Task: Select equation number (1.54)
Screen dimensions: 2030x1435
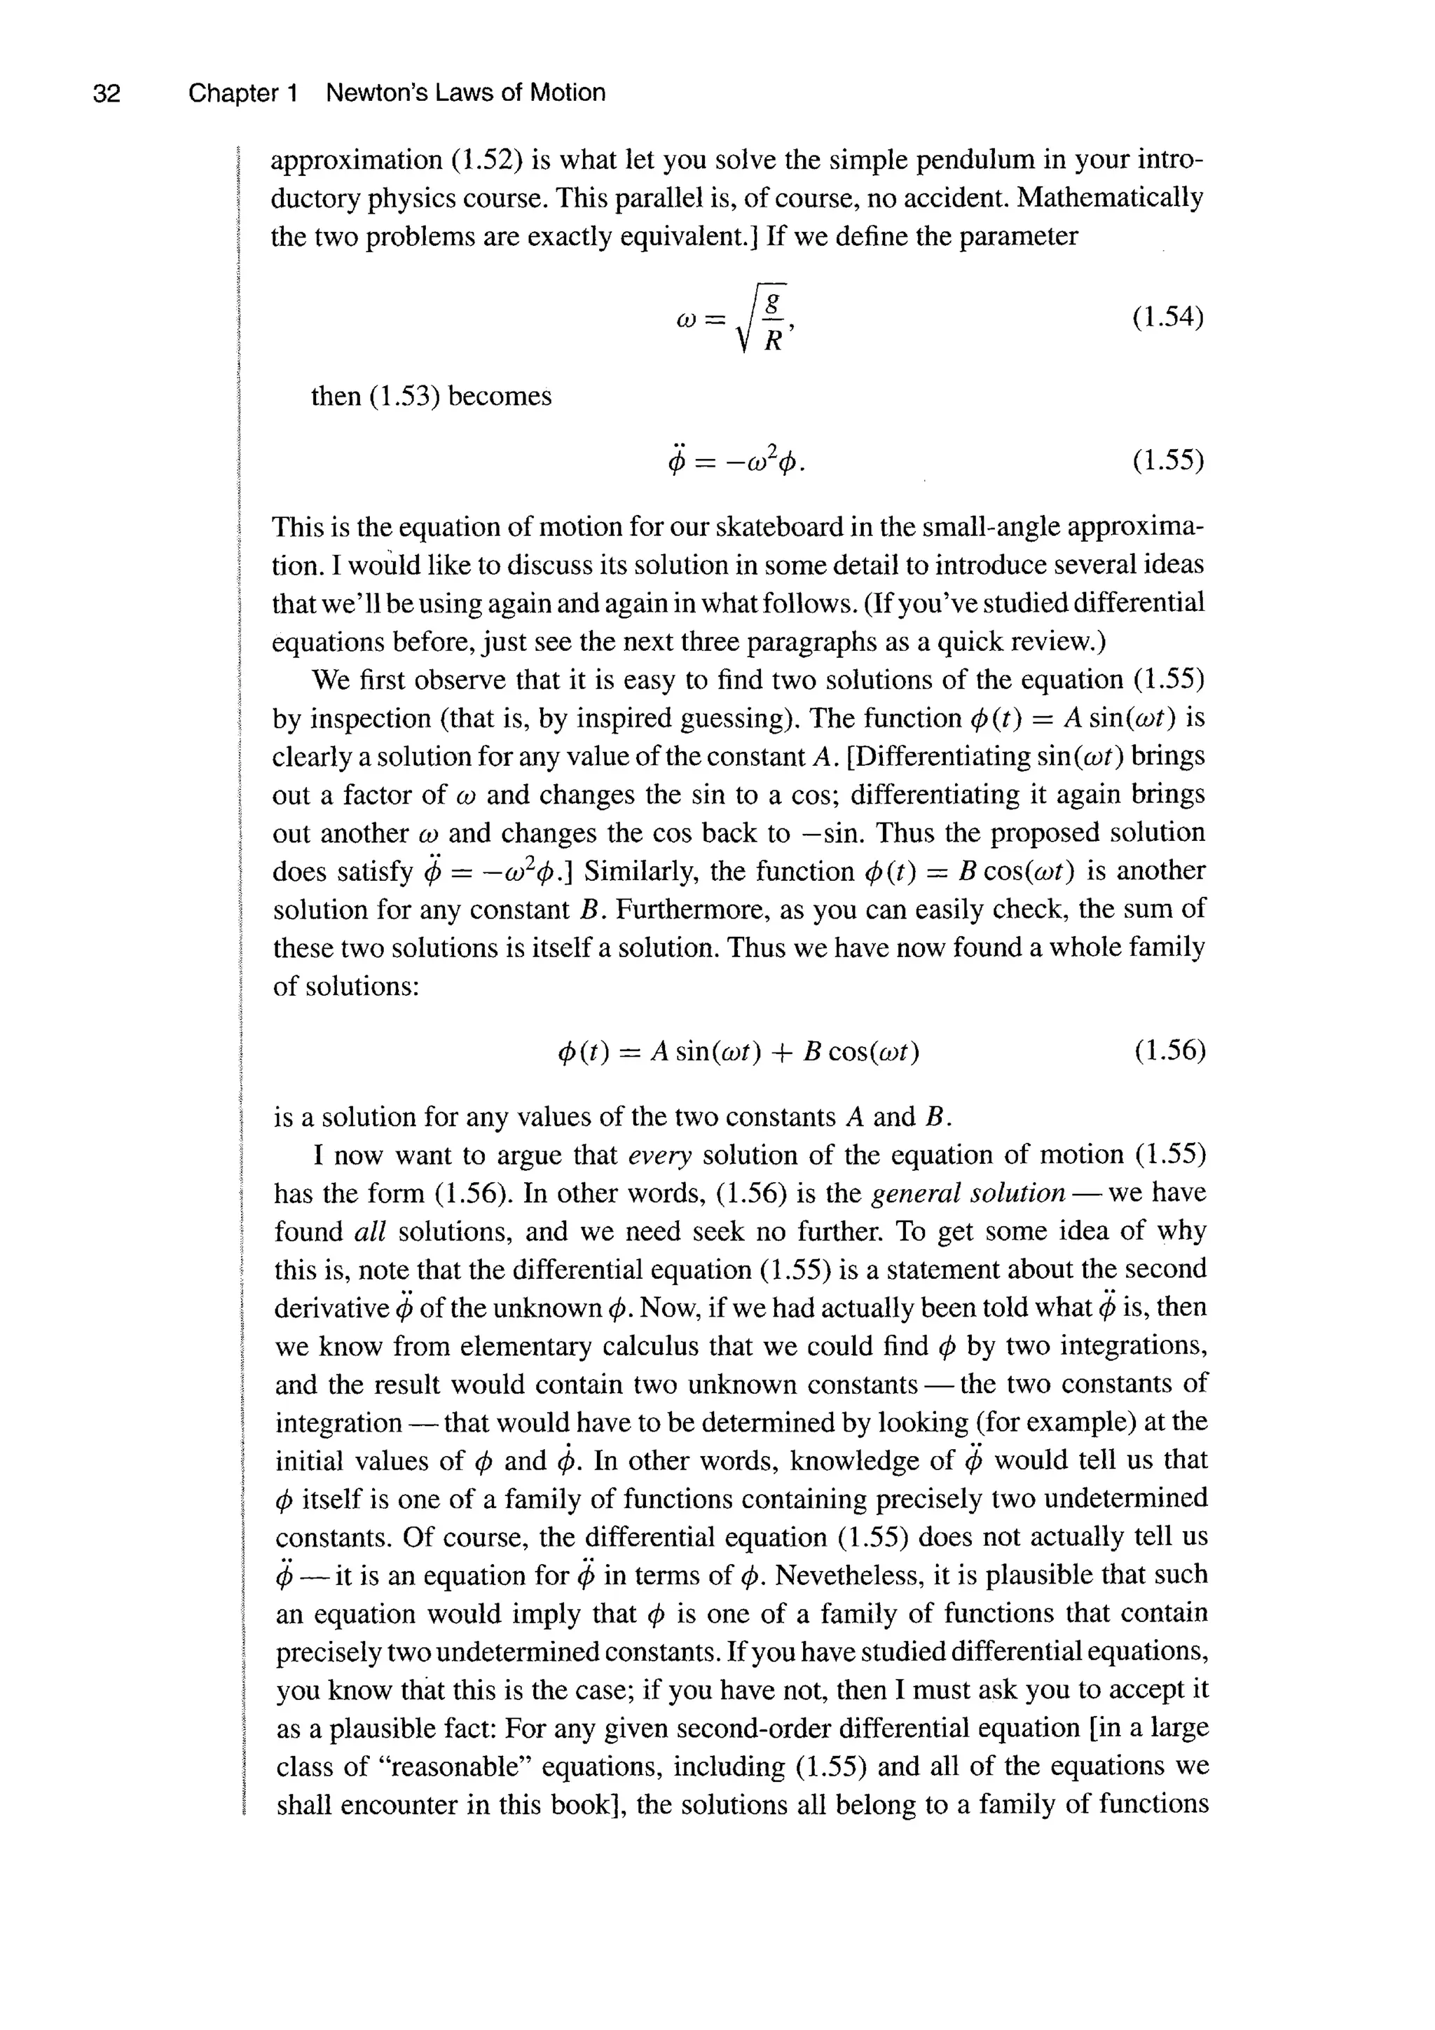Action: click(x=1168, y=317)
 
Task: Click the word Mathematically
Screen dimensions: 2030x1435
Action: click(x=1110, y=198)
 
